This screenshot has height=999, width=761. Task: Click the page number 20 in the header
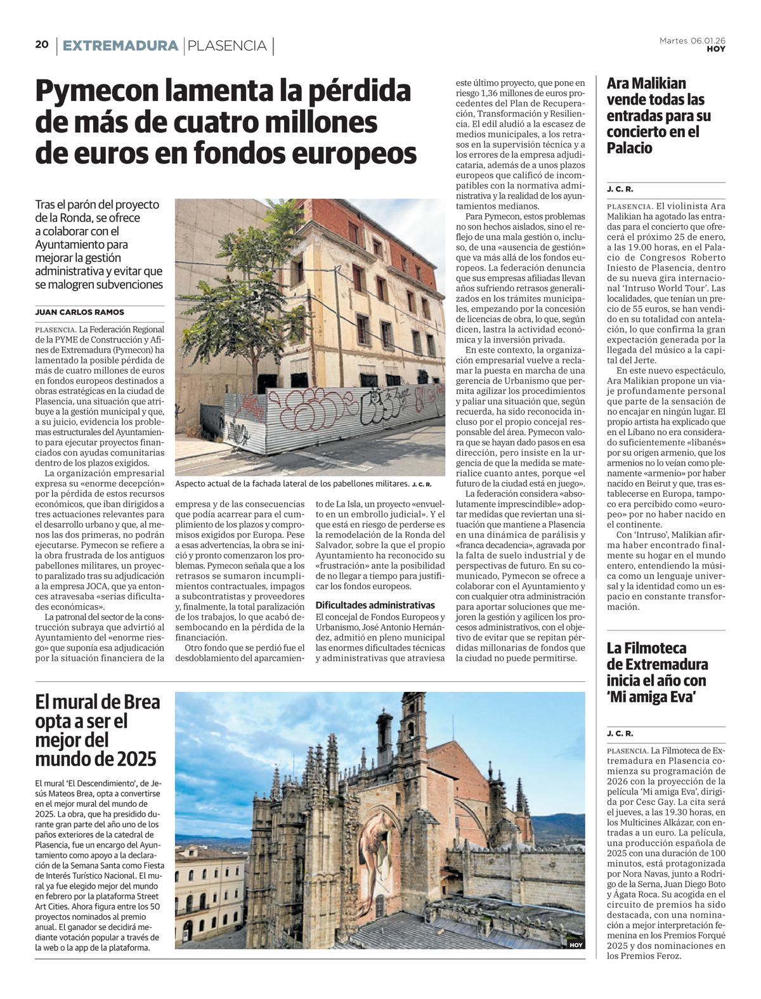42,44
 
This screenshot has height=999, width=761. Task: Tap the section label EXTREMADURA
120,46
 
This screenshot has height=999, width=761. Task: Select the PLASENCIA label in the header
228,46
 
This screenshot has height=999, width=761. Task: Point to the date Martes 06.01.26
693,41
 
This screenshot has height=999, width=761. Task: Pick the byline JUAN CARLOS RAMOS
80,312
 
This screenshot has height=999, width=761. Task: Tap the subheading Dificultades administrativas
375,605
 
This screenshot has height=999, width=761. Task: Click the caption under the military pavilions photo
303,484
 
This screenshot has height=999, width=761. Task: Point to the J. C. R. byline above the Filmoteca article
620,734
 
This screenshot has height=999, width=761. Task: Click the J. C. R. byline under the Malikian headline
620,189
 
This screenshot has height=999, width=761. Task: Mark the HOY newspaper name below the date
716,49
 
